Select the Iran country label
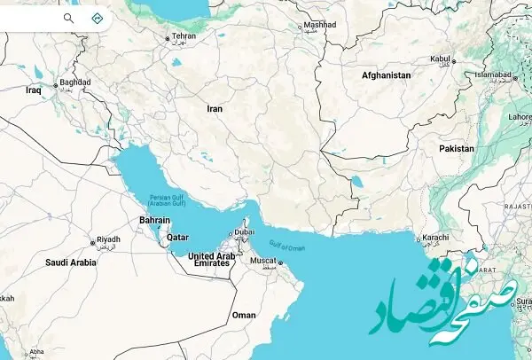tap(215, 108)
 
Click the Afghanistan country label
tap(386, 76)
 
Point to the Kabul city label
tap(441, 59)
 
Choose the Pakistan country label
tap(457, 148)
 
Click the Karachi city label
tap(435, 238)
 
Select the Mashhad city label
tap(319, 25)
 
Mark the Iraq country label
tap(35, 90)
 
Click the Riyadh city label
tap(107, 239)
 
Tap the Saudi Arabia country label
tap(71, 262)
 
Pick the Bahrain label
tap(155, 220)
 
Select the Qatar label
tap(178, 237)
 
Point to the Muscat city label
tap(265, 261)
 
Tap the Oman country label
tap(243, 315)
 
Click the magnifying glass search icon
tap(69, 17)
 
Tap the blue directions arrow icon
tap(97, 17)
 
